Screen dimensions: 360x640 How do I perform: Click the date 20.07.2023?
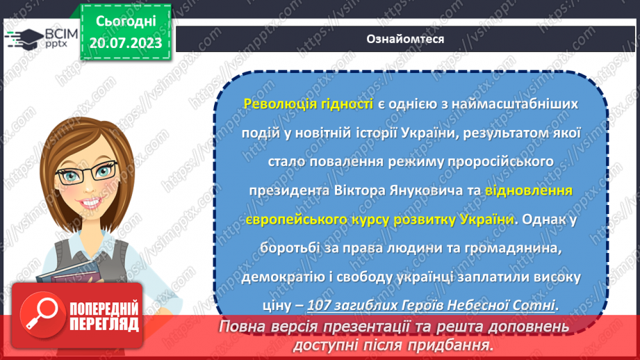[125, 42]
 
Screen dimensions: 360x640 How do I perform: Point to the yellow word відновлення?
[530, 189]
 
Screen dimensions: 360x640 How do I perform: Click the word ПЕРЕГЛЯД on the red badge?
[104, 324]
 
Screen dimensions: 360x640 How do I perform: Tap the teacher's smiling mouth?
[91, 206]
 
